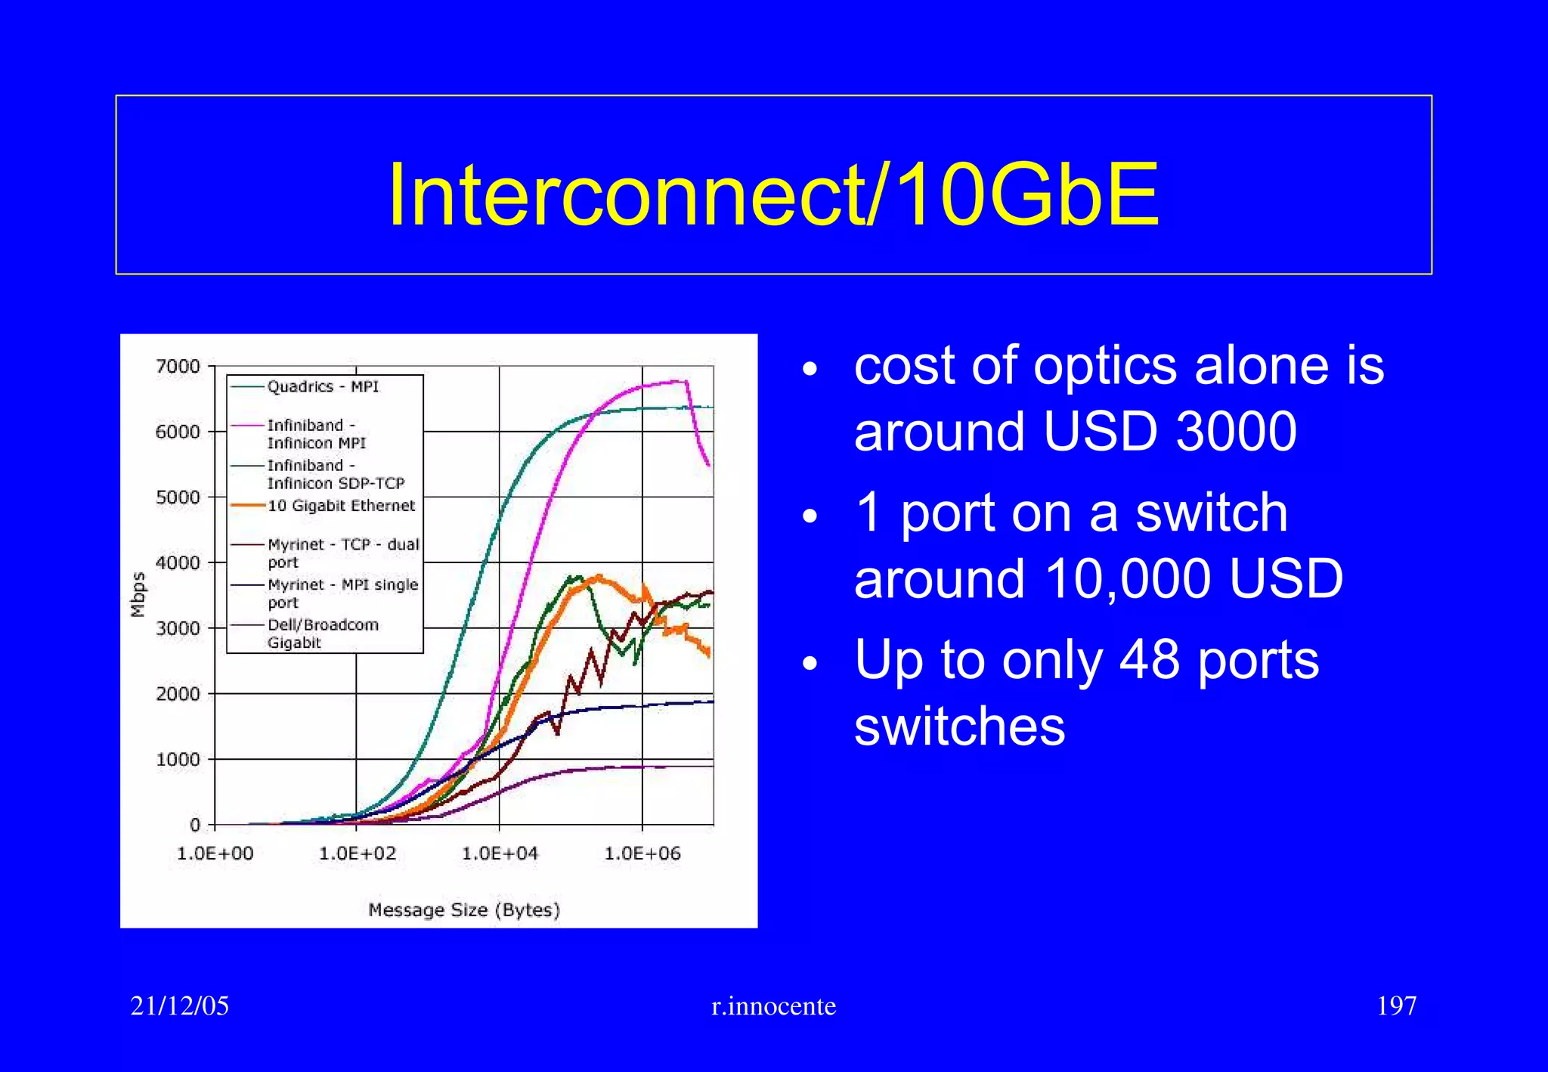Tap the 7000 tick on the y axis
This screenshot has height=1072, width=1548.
pos(178,367)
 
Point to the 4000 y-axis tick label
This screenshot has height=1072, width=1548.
pos(178,562)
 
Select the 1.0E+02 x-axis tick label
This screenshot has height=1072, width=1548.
pos(358,854)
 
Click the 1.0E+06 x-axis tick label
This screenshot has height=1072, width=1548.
pos(642,854)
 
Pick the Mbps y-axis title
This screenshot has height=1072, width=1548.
pos(138,594)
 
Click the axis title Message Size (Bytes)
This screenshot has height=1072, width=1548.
pos(464,909)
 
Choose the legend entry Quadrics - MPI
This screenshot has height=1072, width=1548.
pos(323,386)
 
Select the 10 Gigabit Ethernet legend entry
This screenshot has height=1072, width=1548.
pos(341,505)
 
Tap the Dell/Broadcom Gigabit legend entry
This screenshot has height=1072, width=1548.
pos(323,634)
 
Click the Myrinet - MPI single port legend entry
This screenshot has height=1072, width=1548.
pos(342,593)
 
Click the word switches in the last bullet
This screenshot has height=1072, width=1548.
pos(960,726)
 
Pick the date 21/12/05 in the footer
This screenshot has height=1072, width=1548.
pos(180,1005)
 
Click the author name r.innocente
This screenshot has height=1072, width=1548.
pos(773,1006)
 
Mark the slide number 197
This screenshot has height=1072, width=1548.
pos(1396,1005)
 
